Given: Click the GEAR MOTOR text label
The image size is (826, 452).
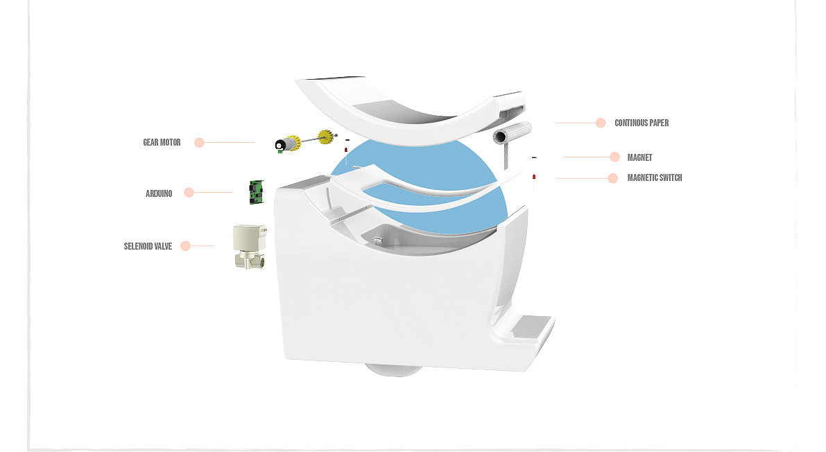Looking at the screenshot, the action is pos(162,143).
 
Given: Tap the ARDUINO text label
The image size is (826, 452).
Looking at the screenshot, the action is pos(159,193).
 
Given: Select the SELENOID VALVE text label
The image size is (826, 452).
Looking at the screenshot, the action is pos(148,246).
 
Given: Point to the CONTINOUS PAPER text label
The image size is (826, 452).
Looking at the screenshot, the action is pos(642,123).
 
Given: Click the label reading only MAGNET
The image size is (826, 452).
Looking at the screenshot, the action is pos(639,158).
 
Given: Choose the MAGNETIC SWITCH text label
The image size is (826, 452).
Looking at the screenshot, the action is pos(654,178).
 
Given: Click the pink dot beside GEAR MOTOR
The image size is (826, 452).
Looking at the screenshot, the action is pos(199,143).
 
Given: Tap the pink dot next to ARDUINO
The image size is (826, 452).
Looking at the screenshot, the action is pos(189,193).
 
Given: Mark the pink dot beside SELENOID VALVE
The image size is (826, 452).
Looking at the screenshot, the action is pos(185,245).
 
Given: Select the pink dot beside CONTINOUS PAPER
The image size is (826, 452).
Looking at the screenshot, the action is pos(601,123).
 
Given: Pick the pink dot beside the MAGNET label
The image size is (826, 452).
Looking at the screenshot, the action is pos(614,157).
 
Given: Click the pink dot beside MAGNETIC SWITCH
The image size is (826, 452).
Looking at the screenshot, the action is pos(612,178).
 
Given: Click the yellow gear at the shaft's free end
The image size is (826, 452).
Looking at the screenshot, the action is pos(325,137).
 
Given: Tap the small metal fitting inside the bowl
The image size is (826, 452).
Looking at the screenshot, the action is pos(377,241).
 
